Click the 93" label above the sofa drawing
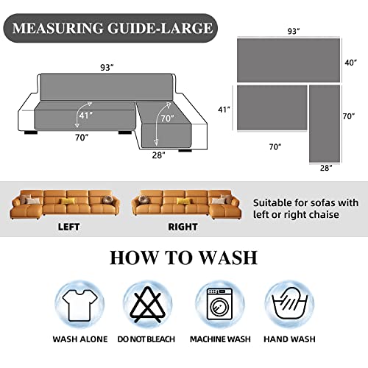[107, 68]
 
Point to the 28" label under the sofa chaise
[158, 155]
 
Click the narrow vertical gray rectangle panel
[324, 123]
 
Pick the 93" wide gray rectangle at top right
[289, 61]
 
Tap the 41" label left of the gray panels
[224, 109]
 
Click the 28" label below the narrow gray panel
[326, 169]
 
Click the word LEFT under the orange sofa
[68, 227]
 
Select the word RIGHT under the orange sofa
[183, 227]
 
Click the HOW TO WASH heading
[183, 258]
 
